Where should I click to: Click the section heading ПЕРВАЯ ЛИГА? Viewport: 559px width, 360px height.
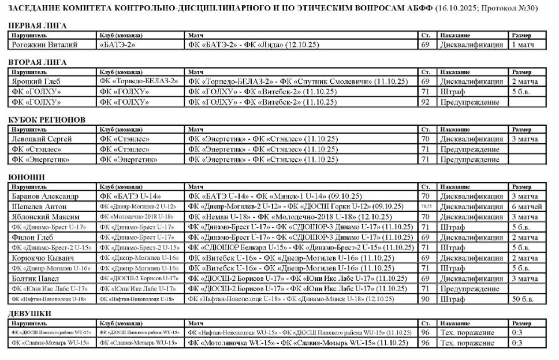(x=38, y=25)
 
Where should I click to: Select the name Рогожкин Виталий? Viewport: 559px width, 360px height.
(x=44, y=44)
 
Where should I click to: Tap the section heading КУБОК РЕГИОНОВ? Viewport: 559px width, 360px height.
(x=47, y=120)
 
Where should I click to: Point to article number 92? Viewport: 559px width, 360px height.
(x=426, y=102)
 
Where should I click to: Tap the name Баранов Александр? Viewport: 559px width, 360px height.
(x=47, y=196)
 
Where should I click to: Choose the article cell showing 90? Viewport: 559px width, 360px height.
(x=426, y=299)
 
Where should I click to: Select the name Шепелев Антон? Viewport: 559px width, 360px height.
(x=40, y=206)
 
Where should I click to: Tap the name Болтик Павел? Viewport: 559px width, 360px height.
(x=37, y=278)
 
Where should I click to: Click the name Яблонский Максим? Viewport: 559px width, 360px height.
(x=44, y=217)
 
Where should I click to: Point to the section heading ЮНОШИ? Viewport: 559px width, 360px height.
(x=27, y=177)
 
